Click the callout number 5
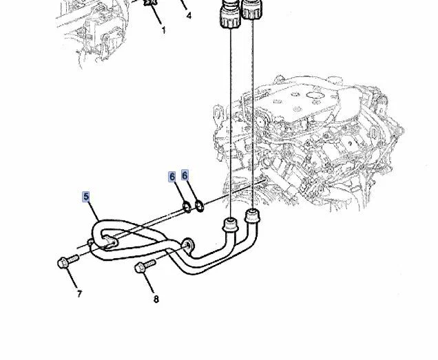tap(86, 197)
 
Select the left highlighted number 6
tap(172, 177)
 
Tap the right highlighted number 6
tap(185, 176)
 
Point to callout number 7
tap(79, 294)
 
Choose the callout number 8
tap(156, 299)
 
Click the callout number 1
tap(163, 30)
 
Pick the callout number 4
tap(189, 16)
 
